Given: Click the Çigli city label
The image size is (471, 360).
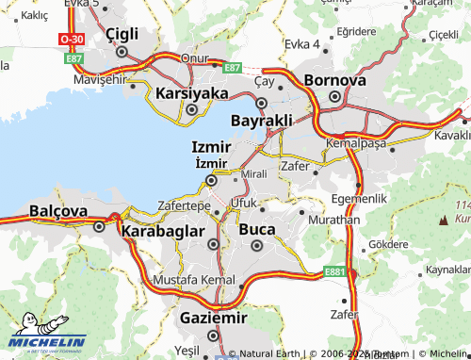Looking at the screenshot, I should pyautogui.click(x=122, y=33).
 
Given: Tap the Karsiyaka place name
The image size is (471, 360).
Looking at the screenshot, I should pyautogui.click(x=191, y=93).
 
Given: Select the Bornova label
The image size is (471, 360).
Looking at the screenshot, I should pyautogui.click(x=334, y=80).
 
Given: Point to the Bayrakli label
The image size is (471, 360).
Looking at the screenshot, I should pyautogui.click(x=261, y=121).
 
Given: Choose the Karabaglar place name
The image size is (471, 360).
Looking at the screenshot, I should pyautogui.click(x=164, y=230).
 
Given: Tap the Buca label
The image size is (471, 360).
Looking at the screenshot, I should pyautogui.click(x=257, y=229).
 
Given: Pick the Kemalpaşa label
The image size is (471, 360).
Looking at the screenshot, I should pyautogui.click(x=356, y=142).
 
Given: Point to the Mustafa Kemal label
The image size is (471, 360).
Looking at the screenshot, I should pyautogui.click(x=193, y=281).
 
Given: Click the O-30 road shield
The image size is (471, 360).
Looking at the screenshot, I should pyautogui.click(x=71, y=40).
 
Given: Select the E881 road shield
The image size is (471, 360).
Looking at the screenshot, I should pyautogui.click(x=334, y=271).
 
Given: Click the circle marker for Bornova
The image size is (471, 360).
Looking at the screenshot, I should pyautogui.click(x=334, y=97).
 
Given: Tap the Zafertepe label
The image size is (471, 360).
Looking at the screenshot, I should pyautogui.click(x=184, y=205).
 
